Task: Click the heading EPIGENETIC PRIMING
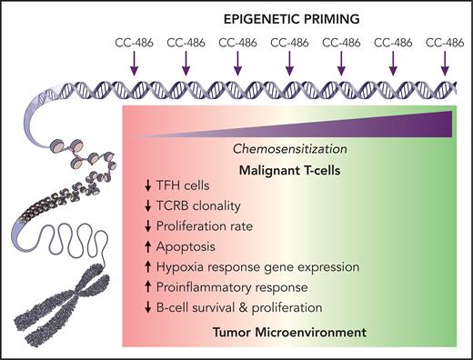coord(290,17)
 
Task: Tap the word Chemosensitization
coord(288,147)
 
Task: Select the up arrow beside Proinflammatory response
coord(135,285)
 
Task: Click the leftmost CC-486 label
coord(135,41)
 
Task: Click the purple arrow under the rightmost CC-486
coord(446,62)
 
